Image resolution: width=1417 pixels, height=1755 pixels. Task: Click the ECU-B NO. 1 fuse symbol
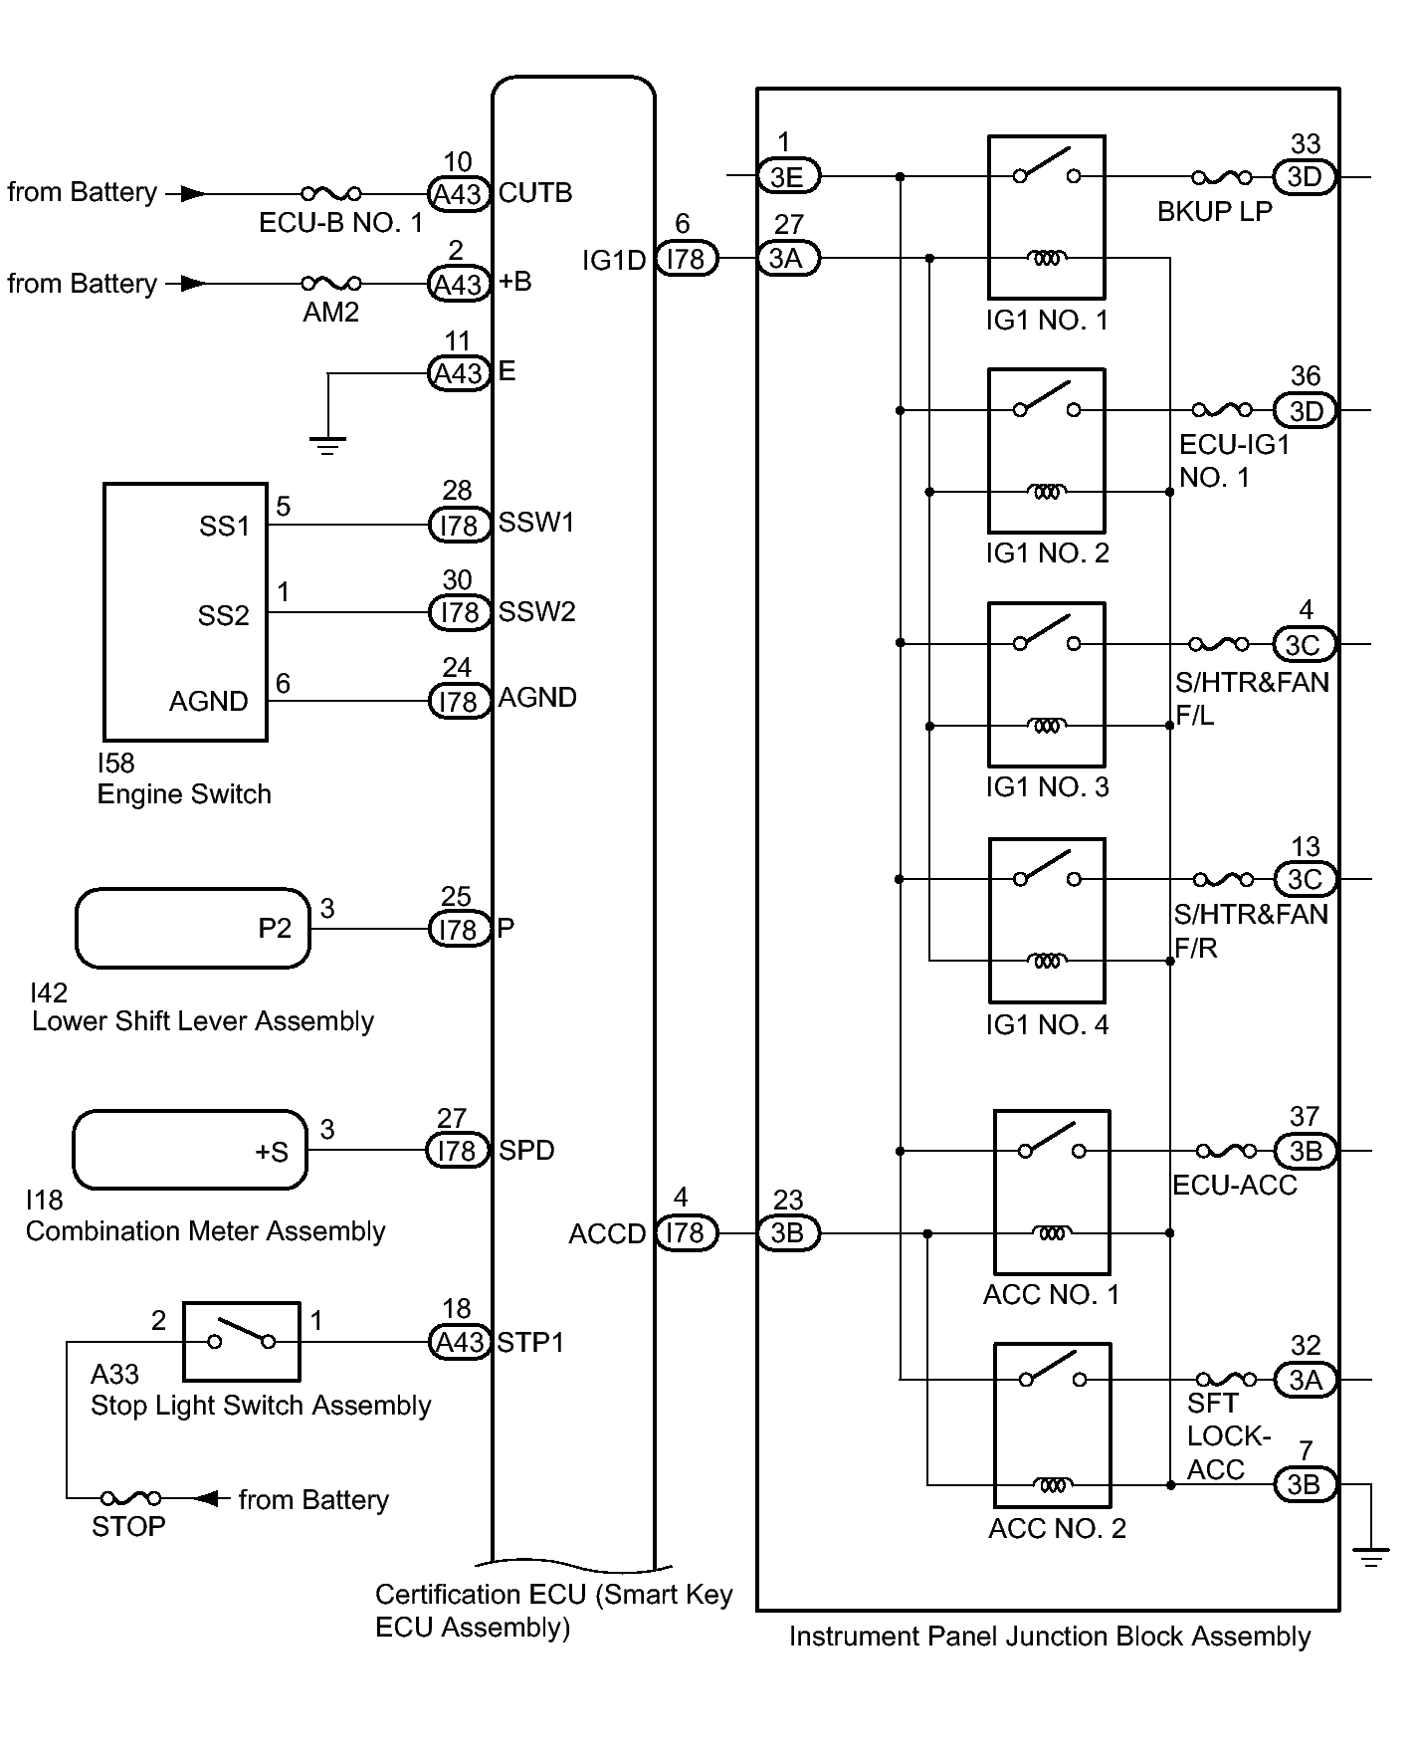(x=331, y=193)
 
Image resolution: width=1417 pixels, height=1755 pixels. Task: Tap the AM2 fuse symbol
(x=331, y=284)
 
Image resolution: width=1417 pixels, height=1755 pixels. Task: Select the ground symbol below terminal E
(x=327, y=445)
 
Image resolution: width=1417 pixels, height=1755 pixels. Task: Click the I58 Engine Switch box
(x=185, y=612)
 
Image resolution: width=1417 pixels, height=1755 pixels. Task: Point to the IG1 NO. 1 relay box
(x=1046, y=217)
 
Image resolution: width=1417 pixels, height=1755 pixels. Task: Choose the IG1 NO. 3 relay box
(x=1046, y=684)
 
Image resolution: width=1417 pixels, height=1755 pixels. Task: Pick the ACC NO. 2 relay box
(x=1052, y=1426)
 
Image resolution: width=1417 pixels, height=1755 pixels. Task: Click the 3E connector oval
(x=787, y=176)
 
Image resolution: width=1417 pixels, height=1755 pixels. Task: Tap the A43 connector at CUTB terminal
(x=459, y=194)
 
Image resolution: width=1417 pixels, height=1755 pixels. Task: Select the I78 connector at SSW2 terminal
(x=459, y=612)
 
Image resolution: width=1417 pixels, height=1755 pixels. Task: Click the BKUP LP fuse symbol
(x=1222, y=177)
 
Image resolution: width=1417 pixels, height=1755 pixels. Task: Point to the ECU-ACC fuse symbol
(x=1225, y=1151)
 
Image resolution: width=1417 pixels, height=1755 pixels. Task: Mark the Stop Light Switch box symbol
(x=242, y=1341)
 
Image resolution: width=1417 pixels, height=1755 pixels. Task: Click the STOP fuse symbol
(x=131, y=1498)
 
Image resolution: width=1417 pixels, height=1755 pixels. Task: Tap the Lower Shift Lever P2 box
(x=193, y=929)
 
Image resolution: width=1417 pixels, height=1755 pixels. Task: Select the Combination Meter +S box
(x=190, y=1150)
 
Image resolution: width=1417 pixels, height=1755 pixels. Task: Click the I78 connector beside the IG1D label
(x=686, y=259)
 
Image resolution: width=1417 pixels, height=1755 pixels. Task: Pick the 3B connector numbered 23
(x=787, y=1233)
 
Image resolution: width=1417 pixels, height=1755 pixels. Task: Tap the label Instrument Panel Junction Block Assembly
(x=1049, y=1637)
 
